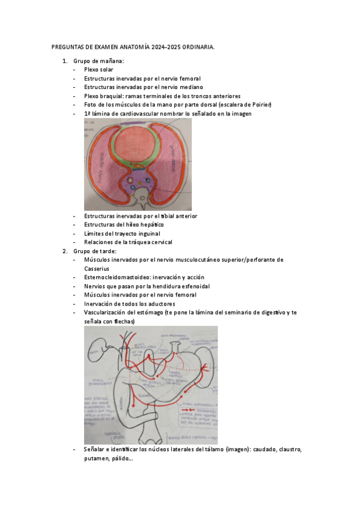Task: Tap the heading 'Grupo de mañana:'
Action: (x=99, y=61)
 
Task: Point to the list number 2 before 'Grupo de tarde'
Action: (x=65, y=251)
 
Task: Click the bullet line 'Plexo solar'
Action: (x=99, y=70)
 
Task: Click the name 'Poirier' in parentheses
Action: (x=260, y=105)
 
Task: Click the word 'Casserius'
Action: (x=97, y=269)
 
